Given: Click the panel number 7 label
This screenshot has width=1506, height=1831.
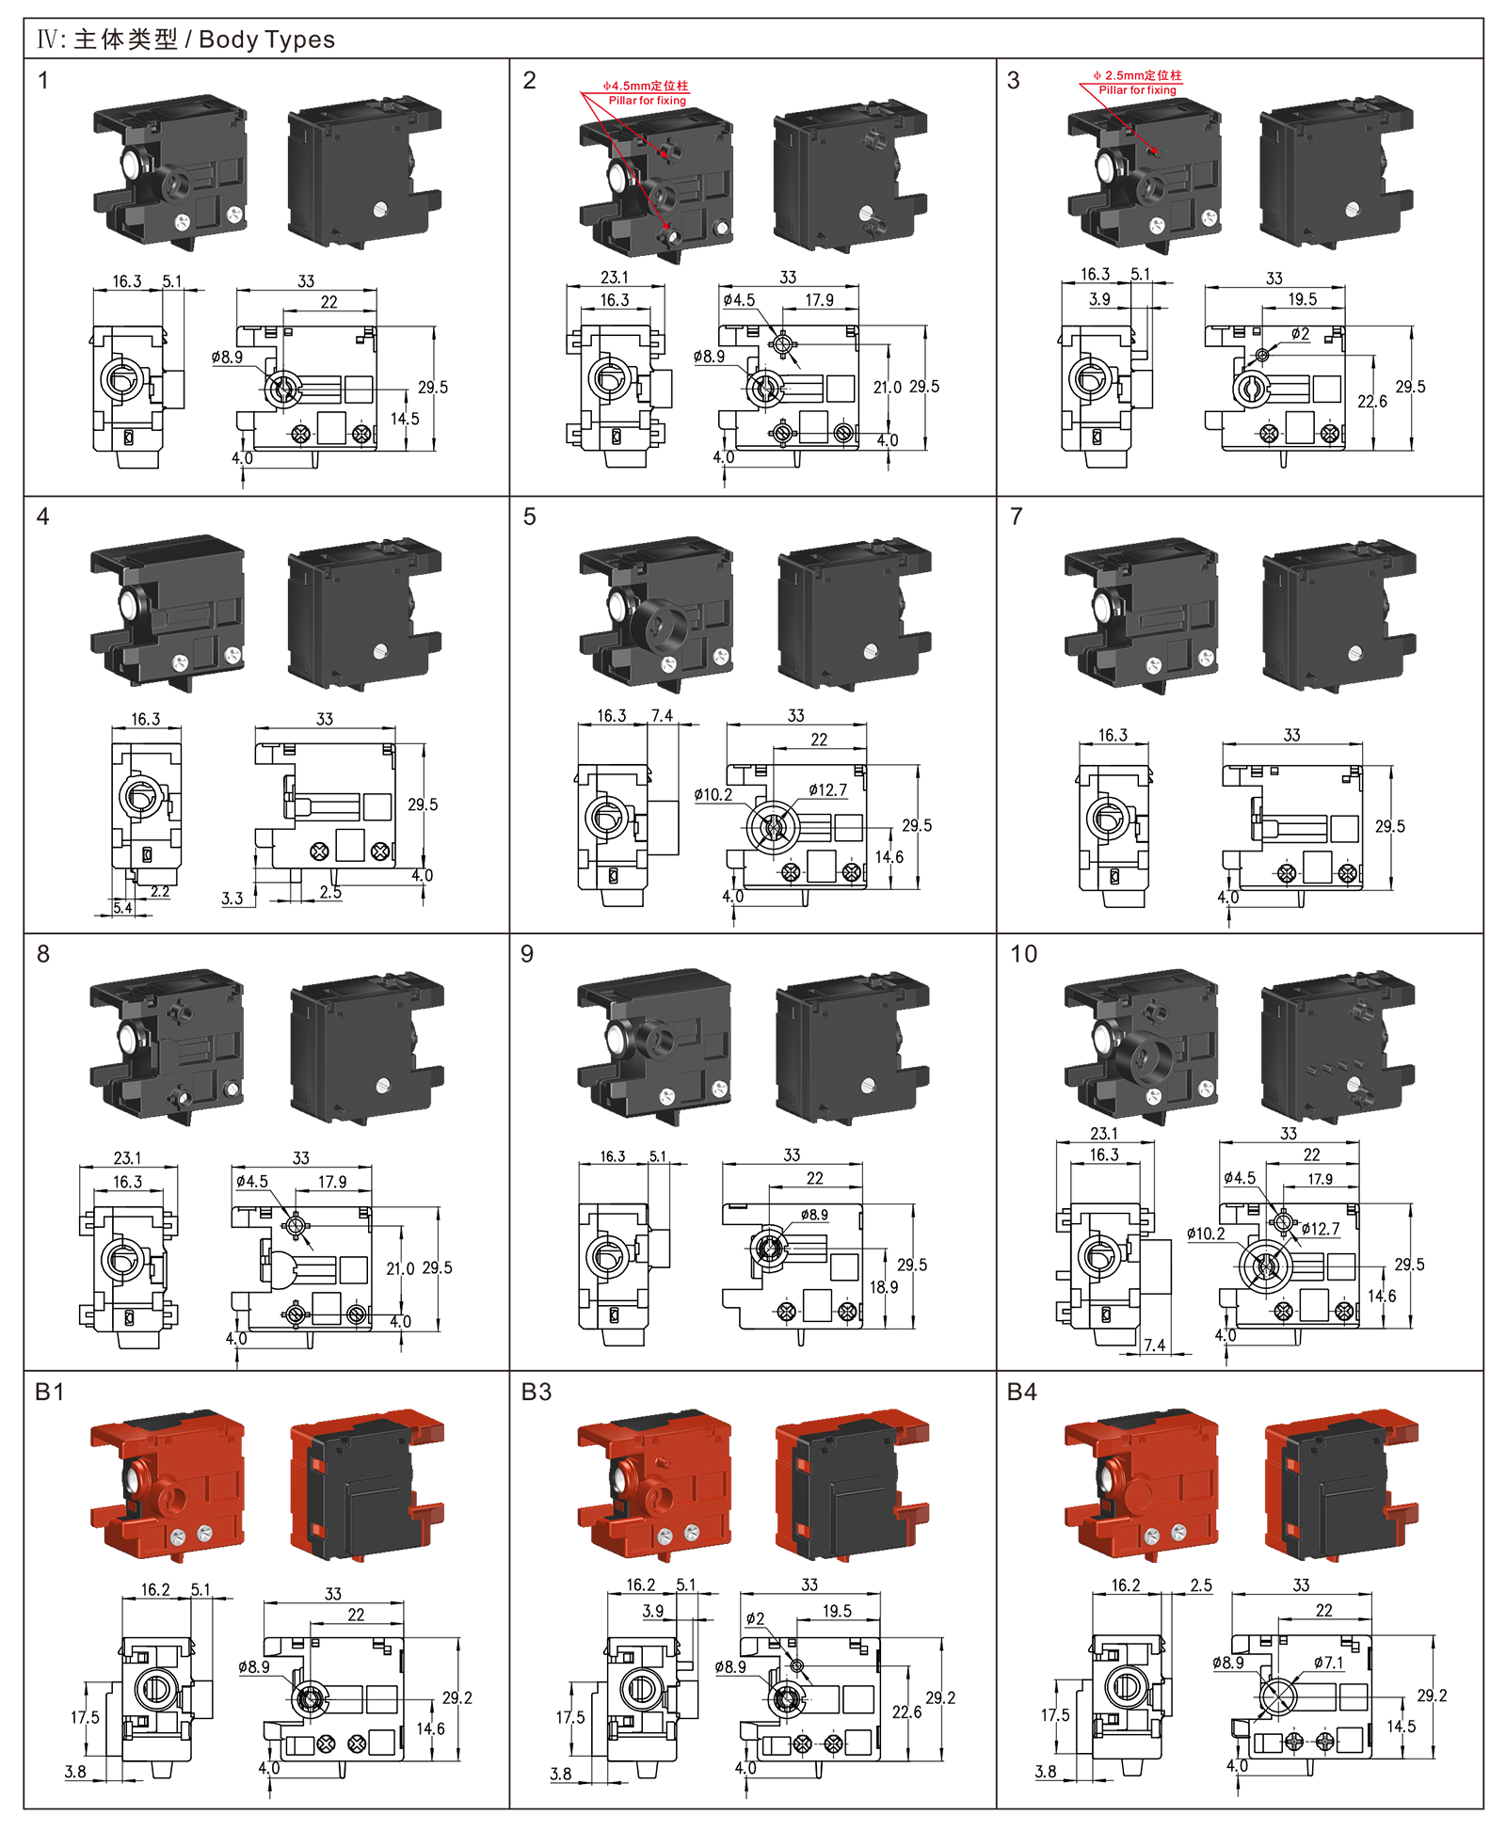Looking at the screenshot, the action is [x=1017, y=517].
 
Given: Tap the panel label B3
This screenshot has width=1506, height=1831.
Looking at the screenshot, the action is [x=537, y=1392].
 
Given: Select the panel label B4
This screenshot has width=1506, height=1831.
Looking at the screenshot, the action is [x=1022, y=1392].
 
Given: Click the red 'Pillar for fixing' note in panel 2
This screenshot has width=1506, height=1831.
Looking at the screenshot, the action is [x=648, y=101].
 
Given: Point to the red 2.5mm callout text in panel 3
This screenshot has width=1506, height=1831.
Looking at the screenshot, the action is [x=1137, y=75].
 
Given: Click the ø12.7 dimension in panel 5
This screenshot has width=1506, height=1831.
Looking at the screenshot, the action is [x=827, y=790].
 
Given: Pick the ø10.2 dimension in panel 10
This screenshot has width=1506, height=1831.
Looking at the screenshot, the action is [x=1206, y=1234].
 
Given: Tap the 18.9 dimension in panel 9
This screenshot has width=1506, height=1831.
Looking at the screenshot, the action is [x=884, y=1286].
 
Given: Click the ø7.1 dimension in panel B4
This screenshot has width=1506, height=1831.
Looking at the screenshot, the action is [x=1329, y=1663].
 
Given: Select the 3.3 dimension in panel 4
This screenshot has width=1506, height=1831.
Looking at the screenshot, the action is [x=232, y=899].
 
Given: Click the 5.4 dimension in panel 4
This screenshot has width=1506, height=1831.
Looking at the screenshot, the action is [x=122, y=908].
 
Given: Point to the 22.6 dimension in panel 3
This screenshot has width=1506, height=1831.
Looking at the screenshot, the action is [x=1372, y=402].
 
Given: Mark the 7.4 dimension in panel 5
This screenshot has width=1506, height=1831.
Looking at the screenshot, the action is [x=662, y=716].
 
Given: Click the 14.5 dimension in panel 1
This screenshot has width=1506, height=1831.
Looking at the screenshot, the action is [x=406, y=419].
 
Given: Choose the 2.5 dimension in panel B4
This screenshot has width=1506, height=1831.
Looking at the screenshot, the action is [x=1201, y=1585].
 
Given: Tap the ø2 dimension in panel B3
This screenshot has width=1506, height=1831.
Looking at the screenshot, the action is [x=755, y=1618].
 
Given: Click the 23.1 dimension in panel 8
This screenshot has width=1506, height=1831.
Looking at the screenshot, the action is [x=127, y=1158].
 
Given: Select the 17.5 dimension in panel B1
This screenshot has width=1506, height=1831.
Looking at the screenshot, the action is [x=85, y=1717].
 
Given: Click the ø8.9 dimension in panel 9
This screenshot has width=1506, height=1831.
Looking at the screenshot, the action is [x=814, y=1215].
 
